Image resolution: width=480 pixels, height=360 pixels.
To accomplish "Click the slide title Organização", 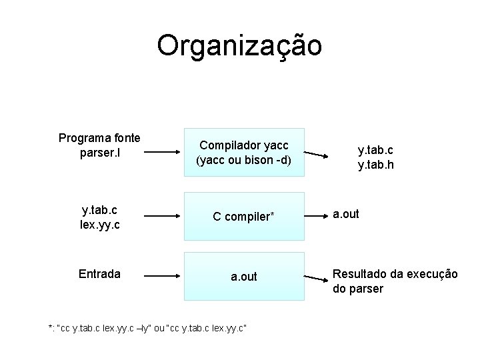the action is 239,46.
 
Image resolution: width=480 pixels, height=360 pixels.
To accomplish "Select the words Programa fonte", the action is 99,138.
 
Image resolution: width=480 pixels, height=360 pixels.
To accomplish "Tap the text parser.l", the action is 99,153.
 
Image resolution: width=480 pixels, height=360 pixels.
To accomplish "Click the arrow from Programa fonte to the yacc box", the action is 162,152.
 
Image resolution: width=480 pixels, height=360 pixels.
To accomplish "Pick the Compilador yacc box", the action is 244,152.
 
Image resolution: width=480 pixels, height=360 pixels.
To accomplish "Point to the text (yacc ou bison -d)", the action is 244,160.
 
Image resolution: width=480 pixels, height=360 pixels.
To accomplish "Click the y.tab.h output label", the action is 375,163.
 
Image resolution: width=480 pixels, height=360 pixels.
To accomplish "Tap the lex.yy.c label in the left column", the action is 99,225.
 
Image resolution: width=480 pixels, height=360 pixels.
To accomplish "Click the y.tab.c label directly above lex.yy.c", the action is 99,210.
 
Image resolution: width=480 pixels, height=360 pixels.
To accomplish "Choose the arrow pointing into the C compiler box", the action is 162,217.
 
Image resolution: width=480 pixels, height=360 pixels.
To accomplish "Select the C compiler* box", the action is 244,217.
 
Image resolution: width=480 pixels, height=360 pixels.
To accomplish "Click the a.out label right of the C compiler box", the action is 346,214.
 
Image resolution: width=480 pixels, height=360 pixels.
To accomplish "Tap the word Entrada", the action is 99,274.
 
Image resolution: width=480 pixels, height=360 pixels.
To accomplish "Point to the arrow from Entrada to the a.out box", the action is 162,275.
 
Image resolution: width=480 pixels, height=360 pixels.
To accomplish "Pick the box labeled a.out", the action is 244,276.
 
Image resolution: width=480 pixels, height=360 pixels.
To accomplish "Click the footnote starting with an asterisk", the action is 147,328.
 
